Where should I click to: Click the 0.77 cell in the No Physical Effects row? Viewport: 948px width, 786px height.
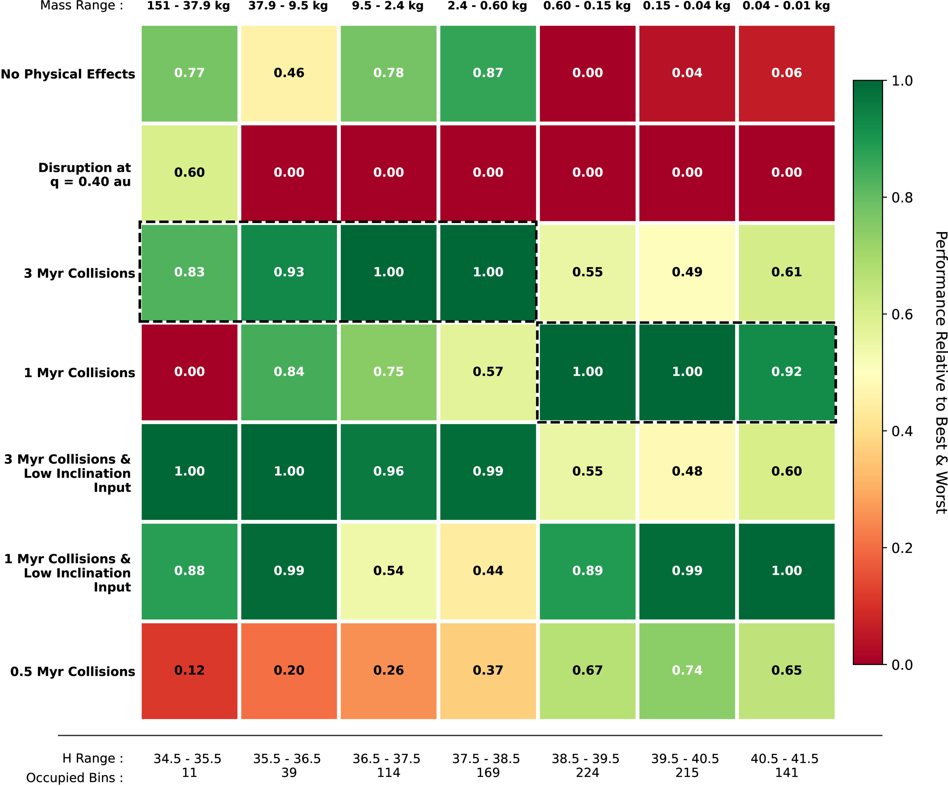(x=190, y=74)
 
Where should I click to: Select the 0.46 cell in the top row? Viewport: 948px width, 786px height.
(x=289, y=74)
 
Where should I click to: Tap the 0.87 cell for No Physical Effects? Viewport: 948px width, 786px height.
(x=488, y=74)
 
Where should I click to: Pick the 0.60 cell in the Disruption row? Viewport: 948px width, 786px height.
(x=190, y=173)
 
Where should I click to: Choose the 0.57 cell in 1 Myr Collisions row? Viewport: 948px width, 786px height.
(x=488, y=372)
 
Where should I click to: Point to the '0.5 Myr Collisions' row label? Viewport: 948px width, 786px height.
(x=73, y=672)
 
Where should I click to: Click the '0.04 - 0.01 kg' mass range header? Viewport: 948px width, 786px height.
(x=786, y=6)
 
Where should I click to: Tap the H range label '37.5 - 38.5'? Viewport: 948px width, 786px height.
(x=486, y=759)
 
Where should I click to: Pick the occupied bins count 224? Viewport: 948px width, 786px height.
(x=587, y=772)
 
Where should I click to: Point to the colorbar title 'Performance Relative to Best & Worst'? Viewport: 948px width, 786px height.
(x=941, y=373)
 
